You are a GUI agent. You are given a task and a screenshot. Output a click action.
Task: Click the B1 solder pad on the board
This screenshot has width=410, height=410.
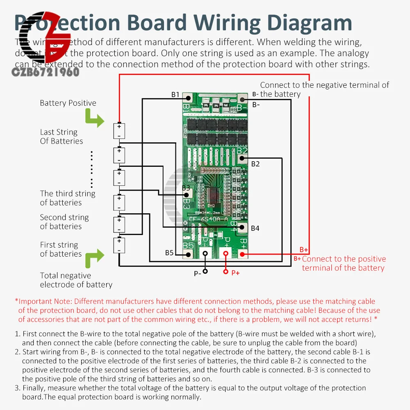(188, 98)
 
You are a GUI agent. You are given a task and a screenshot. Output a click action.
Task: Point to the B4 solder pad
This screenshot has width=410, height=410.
(242, 227)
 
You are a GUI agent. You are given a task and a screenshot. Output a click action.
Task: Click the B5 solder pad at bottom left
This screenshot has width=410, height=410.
(188, 254)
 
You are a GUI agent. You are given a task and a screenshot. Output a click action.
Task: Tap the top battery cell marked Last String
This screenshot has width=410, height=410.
(119, 131)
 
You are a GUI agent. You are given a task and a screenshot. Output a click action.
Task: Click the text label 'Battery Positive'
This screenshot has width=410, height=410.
(68, 103)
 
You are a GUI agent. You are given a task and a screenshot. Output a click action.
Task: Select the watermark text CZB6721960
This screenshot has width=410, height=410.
(46, 73)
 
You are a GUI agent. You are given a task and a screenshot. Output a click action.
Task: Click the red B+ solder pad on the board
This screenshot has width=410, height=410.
(242, 254)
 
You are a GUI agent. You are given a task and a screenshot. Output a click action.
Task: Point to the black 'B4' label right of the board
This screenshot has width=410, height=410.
(255, 228)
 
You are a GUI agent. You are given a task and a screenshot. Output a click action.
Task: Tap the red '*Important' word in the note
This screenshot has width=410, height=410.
(32, 301)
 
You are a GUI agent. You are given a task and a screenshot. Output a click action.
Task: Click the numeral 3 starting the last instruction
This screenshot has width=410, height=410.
(17, 388)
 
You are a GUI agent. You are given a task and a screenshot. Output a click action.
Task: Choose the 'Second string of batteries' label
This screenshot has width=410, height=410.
(64, 222)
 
